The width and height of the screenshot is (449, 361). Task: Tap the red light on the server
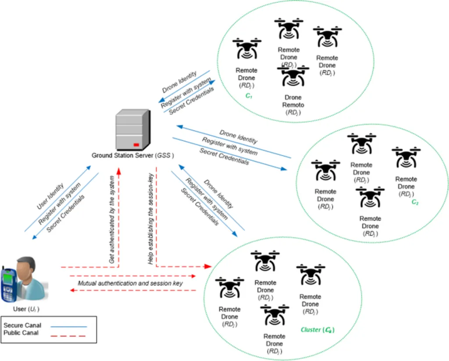pos(136,144)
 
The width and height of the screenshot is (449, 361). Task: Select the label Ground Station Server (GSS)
pos(133,155)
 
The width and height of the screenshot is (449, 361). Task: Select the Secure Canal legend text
pos(23,325)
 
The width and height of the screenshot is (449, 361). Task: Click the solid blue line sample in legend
pos(68,326)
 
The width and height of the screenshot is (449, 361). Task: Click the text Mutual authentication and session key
pos(130,283)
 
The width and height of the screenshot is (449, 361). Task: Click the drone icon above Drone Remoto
pos(292,75)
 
